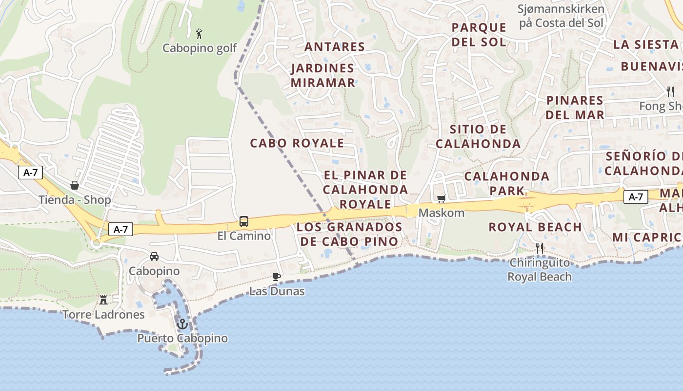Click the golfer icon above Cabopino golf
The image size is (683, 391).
pyautogui.click(x=199, y=34)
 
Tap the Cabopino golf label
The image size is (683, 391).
pyautogui.click(x=200, y=48)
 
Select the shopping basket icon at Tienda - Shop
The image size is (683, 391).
pyautogui.click(x=75, y=185)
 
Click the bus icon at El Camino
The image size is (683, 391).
pyautogui.click(x=244, y=221)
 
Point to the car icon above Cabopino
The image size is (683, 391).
pyautogui.click(x=154, y=256)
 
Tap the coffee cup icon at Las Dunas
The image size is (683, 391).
pyautogui.click(x=277, y=277)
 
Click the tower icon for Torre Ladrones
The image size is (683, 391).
pyautogui.click(x=103, y=300)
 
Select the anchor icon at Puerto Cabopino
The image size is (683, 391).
pyautogui.click(x=182, y=324)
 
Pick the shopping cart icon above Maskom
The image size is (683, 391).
pyautogui.click(x=441, y=198)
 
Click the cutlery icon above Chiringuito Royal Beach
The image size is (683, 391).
pyautogui.click(x=540, y=248)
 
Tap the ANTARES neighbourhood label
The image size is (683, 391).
pyautogui.click(x=335, y=47)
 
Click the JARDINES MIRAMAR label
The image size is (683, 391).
pyautogui.click(x=323, y=75)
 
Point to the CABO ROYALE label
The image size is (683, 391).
pyautogui.click(x=297, y=143)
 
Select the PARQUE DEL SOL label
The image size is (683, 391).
pyautogui.click(x=479, y=34)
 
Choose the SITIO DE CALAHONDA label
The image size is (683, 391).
pyautogui.click(x=478, y=136)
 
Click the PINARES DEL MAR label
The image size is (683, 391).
pyautogui.click(x=575, y=108)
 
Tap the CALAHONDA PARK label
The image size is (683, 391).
pyautogui.click(x=507, y=183)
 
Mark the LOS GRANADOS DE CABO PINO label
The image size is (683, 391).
pyautogui.click(x=349, y=234)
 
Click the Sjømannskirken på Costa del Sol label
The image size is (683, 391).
pyautogui.click(x=561, y=16)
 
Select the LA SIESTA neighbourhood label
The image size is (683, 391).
pyautogui.click(x=646, y=44)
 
